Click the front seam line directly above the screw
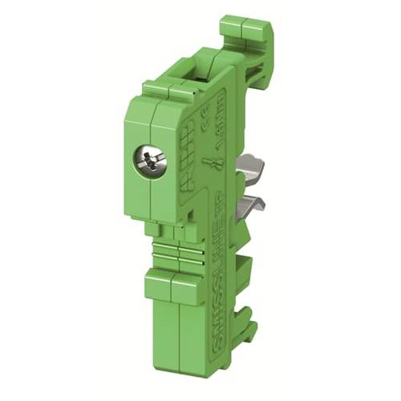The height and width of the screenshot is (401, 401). coord(151,120)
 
